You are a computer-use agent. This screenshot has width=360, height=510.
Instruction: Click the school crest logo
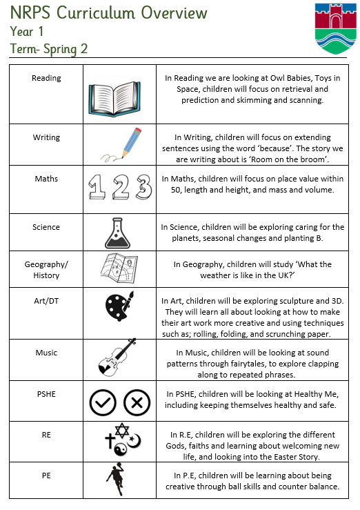pyautogui.click(x=336, y=28)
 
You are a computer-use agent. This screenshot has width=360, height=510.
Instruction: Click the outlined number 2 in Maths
pyautogui.click(x=121, y=186)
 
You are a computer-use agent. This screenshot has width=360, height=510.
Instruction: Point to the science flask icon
pyautogui.click(x=117, y=233)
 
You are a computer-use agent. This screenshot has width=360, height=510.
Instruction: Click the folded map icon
pyautogui.click(x=119, y=268)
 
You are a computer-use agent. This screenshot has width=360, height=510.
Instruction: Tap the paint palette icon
pyautogui.click(x=119, y=306)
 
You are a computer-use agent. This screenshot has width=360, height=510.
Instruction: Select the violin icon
pyautogui.click(x=117, y=357)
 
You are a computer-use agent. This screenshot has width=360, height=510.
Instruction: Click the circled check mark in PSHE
pyautogui.click(x=103, y=402)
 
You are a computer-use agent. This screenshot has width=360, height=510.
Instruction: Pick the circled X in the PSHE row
pyautogui.click(x=137, y=402)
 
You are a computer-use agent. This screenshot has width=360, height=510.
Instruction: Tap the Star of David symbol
pyautogui.click(x=122, y=431)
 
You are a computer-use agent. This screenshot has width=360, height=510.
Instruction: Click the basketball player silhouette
pyautogui.click(x=116, y=479)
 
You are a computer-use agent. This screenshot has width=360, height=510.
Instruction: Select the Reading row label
pyautogui.click(x=46, y=78)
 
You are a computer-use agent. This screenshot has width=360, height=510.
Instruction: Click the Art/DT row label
pyautogui.click(x=46, y=301)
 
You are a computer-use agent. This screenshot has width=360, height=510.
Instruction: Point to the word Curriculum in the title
pyautogui.click(x=96, y=13)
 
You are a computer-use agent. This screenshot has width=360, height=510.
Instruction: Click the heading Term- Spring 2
pyautogui.click(x=49, y=49)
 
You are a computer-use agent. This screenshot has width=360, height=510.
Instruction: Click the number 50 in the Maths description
pyautogui.click(x=176, y=190)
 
